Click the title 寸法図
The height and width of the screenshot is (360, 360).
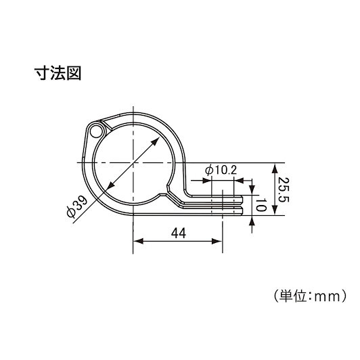(x=58, y=73)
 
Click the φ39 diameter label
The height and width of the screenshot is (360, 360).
(x=77, y=206)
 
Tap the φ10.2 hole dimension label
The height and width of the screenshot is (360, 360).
(x=221, y=171)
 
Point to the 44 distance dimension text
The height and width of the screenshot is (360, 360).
(x=179, y=233)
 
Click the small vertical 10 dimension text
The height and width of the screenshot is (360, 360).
(x=261, y=205)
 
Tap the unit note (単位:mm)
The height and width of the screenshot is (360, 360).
(x=310, y=296)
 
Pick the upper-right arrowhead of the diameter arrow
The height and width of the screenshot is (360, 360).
(x=156, y=141)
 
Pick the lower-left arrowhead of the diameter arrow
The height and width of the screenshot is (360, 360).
(x=112, y=184)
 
